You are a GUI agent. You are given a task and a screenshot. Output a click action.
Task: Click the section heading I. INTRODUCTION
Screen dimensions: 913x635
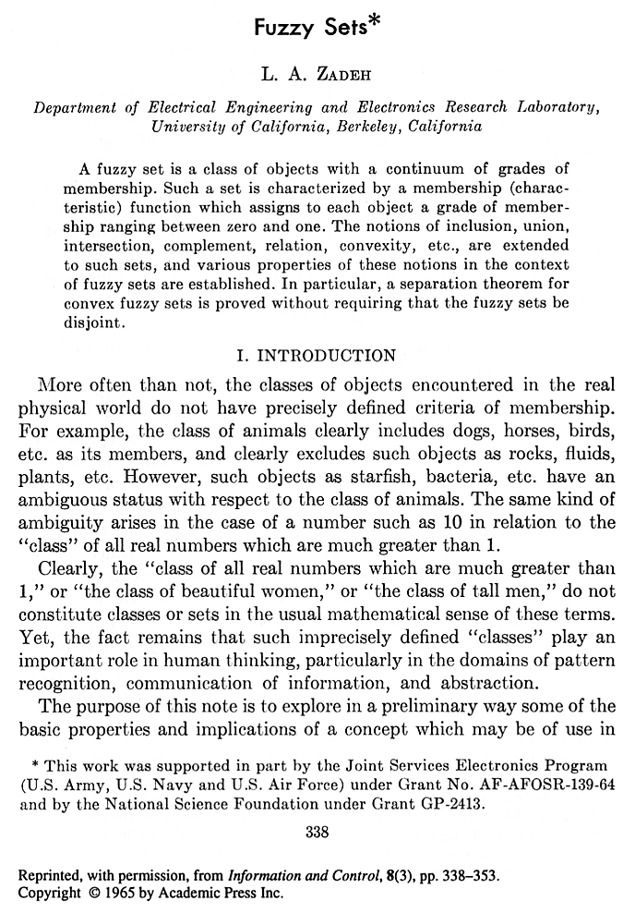coord(317,355)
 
